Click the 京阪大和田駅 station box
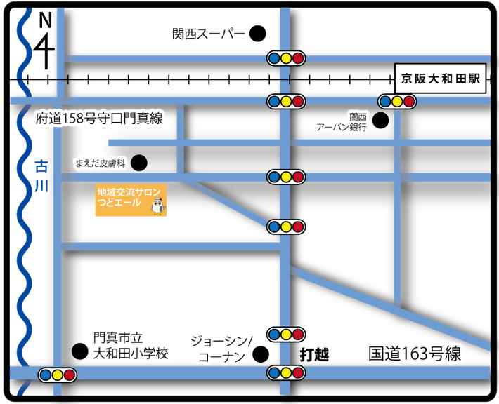click(441, 79)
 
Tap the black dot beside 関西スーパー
click(257, 34)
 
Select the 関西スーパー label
click(209, 34)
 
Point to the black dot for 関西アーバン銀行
click(380, 121)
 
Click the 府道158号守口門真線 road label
click(99, 119)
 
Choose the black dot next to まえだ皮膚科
click(139, 163)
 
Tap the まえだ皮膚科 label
click(101, 163)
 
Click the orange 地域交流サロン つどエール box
click(131, 200)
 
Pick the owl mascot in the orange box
click(157, 206)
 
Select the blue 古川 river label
click(41, 176)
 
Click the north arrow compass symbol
click(45, 41)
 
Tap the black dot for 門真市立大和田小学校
click(80, 351)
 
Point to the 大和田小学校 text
click(131, 353)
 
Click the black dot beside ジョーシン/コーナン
click(261, 354)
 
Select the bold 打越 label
click(314, 354)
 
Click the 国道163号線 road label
click(415, 353)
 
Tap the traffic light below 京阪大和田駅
click(397, 102)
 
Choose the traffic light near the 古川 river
click(58, 375)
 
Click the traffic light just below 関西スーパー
click(286, 58)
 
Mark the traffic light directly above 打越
click(286, 335)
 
